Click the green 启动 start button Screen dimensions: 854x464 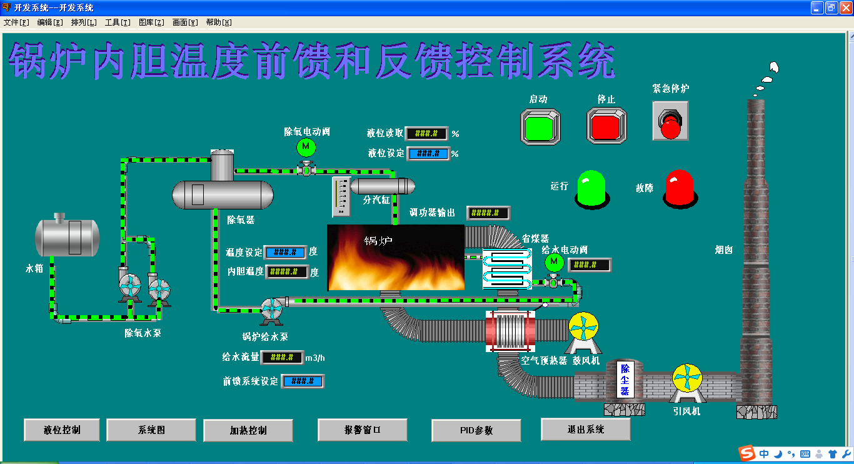(540, 126)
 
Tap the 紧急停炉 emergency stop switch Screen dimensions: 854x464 (670, 121)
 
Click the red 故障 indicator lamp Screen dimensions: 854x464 (680, 187)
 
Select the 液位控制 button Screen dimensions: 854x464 (62, 430)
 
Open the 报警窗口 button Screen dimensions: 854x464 (363, 430)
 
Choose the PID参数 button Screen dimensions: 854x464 (476, 430)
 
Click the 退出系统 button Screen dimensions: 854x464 (585, 429)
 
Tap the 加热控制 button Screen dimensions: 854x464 (248, 430)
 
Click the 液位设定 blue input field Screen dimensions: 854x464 (428, 153)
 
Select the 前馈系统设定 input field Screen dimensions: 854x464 (303, 381)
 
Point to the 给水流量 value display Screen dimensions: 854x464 (282, 358)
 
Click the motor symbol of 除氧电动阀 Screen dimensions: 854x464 (306, 147)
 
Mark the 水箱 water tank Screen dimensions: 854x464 (67, 237)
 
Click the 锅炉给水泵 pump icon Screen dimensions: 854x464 (272, 311)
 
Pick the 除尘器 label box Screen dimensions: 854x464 (625, 379)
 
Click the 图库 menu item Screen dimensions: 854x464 (151, 23)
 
